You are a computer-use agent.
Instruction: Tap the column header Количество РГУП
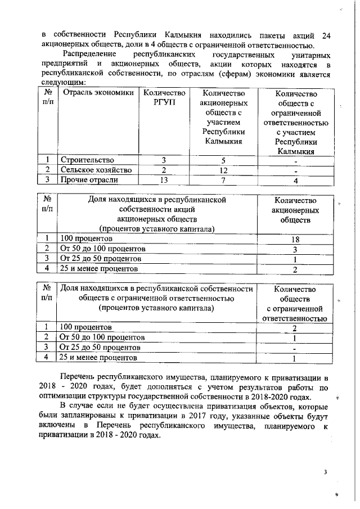(x=164, y=97)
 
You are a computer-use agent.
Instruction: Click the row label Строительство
(x=87, y=160)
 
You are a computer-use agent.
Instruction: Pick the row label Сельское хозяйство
(x=96, y=170)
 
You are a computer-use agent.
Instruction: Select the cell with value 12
(x=223, y=170)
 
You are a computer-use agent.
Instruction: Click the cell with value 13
(x=164, y=180)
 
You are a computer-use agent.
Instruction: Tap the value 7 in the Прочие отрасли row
(x=223, y=180)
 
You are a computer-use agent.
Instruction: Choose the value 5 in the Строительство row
(x=223, y=160)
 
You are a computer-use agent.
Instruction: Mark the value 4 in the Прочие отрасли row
(x=296, y=181)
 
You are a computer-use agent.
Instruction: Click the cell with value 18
(x=296, y=240)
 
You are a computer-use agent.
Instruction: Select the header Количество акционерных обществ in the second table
(x=296, y=210)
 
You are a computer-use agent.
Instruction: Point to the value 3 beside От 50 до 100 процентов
(x=296, y=249)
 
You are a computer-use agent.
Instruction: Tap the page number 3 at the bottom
(x=325, y=471)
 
